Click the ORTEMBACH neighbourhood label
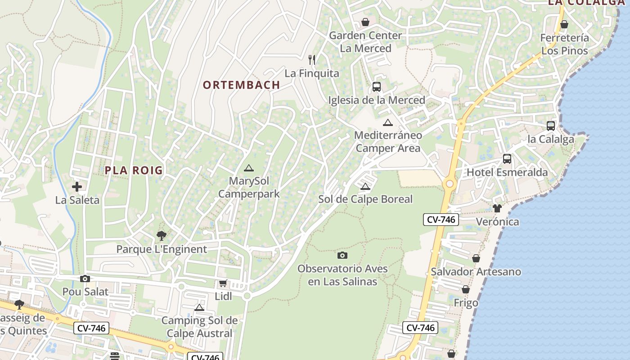[x=241, y=85]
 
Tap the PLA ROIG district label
[x=134, y=171]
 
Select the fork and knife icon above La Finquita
[x=311, y=59]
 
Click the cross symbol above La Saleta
[x=77, y=187]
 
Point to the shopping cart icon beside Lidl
[x=223, y=283]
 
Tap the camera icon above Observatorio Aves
[x=342, y=256]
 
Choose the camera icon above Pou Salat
[x=85, y=279]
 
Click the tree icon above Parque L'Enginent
[x=161, y=236]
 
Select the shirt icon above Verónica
[x=497, y=208]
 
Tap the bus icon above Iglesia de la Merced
[x=377, y=87]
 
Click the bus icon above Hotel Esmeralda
[x=507, y=159]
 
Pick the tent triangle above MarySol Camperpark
[x=248, y=168]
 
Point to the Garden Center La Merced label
[x=365, y=42]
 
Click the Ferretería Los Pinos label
[x=565, y=44]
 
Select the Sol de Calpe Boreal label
[x=365, y=199]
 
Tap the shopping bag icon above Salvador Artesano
[x=476, y=258]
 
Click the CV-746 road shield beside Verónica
[x=441, y=220]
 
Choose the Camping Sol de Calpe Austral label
[x=199, y=327]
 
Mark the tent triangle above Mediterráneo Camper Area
[x=388, y=122]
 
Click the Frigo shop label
[x=466, y=303]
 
